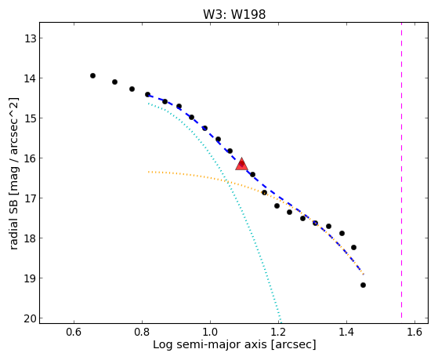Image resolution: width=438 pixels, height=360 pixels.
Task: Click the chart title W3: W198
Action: click(x=234, y=14)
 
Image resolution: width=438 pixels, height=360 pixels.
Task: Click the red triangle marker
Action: click(x=241, y=165)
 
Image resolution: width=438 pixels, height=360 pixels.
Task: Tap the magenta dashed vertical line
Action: click(x=401, y=170)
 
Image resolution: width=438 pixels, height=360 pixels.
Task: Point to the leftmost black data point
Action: click(x=92, y=75)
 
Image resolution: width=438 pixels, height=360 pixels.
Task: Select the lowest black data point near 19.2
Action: click(x=363, y=285)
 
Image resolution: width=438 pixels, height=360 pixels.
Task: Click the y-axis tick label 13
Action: click(x=31, y=38)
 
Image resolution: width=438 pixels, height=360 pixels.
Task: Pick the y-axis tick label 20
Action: click(x=31, y=318)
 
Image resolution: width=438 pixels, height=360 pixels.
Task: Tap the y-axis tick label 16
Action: click(x=31, y=158)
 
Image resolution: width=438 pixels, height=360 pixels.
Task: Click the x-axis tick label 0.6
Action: click(x=74, y=332)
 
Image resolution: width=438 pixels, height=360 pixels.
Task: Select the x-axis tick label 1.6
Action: click(x=414, y=332)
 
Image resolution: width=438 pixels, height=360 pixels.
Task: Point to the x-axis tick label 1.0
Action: click(x=210, y=332)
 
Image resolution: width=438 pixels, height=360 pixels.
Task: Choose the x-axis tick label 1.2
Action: click(x=278, y=332)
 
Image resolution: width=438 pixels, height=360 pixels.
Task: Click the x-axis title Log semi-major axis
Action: click(x=210, y=344)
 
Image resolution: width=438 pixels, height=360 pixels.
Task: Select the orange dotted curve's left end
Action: click(x=148, y=172)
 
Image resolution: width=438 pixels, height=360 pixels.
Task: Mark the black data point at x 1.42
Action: click(x=353, y=247)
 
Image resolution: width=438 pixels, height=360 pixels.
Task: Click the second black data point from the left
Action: click(x=114, y=82)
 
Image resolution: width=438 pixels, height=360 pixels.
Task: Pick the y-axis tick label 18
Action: click(x=31, y=238)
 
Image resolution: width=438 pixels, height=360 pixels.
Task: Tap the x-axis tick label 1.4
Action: click(x=346, y=332)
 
